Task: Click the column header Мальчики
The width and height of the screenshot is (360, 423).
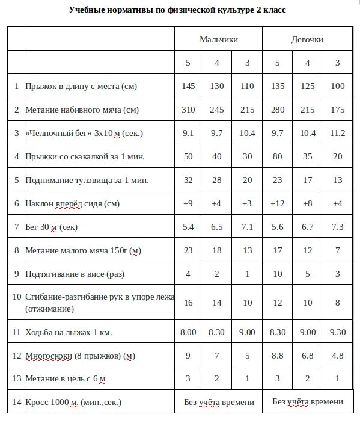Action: coord(219,39)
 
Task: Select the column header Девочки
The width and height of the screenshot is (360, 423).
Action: coord(307,39)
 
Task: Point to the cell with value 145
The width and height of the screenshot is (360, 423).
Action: coord(188,86)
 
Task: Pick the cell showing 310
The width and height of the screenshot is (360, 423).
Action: coord(188,110)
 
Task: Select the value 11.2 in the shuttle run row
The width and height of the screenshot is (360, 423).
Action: coord(338,133)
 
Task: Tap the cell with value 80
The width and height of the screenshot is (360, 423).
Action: coord(277,156)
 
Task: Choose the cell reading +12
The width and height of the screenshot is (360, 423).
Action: coord(277,203)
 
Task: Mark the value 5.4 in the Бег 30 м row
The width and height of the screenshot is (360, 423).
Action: coord(188,227)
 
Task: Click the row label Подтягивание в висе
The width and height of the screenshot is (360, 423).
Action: coord(75,274)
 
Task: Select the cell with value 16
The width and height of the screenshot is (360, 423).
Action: coord(188,303)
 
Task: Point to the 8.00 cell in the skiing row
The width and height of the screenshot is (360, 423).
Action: coord(188,332)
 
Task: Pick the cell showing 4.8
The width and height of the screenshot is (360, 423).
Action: coord(338,355)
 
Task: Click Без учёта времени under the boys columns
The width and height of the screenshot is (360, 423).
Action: coord(219,402)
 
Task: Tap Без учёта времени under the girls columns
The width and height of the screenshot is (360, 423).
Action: coord(308,402)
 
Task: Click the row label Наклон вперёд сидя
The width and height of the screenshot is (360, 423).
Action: coord(72,203)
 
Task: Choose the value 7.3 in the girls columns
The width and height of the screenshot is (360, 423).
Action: coord(338,227)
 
